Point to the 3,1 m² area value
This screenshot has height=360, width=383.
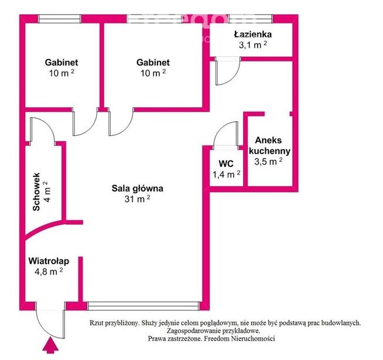pyautogui.click(x=252, y=44)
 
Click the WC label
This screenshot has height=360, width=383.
pyautogui.click(x=227, y=164)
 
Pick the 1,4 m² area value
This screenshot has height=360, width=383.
pyautogui.click(x=227, y=174)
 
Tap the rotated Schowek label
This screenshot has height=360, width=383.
pyautogui.click(x=37, y=191)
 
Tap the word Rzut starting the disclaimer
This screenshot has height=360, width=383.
pyautogui.click(x=98, y=323)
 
